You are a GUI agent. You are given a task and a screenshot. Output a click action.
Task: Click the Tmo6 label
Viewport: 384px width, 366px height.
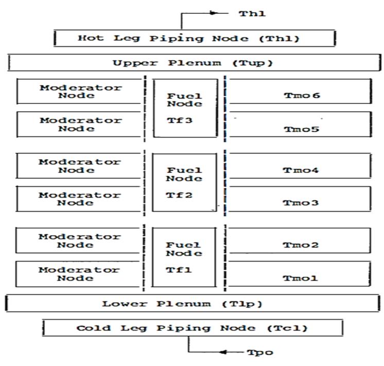pyautogui.click(x=302, y=95)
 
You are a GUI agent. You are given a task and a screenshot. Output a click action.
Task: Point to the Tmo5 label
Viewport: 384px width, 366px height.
pyautogui.click(x=302, y=129)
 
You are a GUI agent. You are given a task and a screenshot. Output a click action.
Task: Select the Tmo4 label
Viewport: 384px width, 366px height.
pyautogui.click(x=301, y=170)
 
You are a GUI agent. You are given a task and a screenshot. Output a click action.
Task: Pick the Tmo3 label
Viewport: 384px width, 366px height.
pyautogui.click(x=301, y=203)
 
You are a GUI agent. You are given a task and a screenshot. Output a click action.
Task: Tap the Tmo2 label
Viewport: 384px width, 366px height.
pyautogui.click(x=301, y=245)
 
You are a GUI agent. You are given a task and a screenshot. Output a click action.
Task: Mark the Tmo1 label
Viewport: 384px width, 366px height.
pyautogui.click(x=300, y=278)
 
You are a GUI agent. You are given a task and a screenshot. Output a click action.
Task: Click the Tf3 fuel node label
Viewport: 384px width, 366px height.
pyautogui.click(x=180, y=120)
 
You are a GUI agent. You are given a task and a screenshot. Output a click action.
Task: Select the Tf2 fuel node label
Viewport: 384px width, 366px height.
pyautogui.click(x=179, y=195)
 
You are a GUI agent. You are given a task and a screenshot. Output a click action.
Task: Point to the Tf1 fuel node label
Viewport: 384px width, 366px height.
pyautogui.click(x=179, y=270)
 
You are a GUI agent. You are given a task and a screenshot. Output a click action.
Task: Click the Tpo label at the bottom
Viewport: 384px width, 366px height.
pyautogui.click(x=260, y=353)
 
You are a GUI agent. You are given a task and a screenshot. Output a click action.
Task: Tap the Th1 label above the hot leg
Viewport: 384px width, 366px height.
pyautogui.click(x=252, y=13)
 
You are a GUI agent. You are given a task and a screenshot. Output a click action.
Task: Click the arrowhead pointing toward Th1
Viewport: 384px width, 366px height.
pyautogui.click(x=214, y=13)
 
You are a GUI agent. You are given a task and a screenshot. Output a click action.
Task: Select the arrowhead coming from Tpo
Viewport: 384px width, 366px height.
pyautogui.click(x=223, y=352)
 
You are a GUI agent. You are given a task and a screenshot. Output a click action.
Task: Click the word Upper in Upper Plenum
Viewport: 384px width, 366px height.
pyautogui.click(x=135, y=63)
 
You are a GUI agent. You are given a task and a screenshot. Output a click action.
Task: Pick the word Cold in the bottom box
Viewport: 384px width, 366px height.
pyautogui.click(x=94, y=328)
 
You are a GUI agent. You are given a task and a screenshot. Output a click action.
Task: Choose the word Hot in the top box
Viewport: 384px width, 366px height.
pyautogui.click(x=91, y=38)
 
